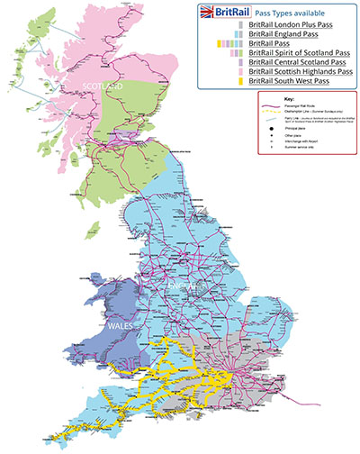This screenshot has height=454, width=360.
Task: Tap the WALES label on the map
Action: (x=120, y=322)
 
